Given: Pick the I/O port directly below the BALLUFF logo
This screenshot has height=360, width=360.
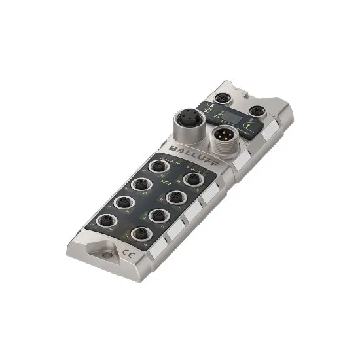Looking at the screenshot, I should pyautogui.click(x=158, y=167).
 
